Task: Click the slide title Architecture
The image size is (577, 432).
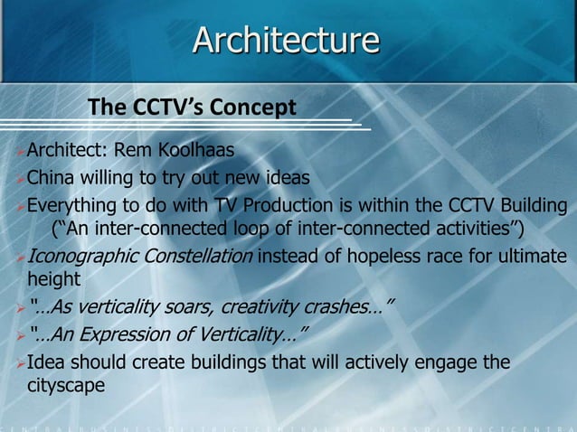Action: [287, 41]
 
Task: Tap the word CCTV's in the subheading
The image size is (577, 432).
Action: [166, 108]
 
